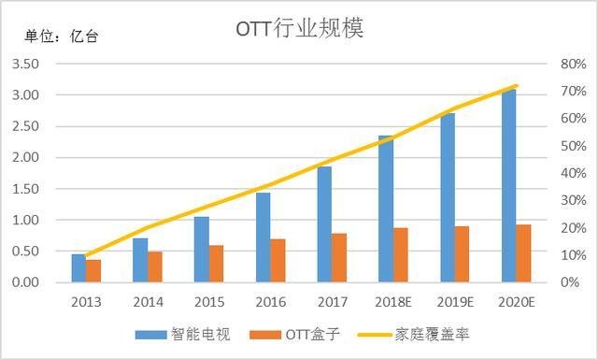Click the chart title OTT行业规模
click(x=299, y=28)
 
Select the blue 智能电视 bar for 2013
click(x=78, y=267)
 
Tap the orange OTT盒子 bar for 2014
click(x=155, y=266)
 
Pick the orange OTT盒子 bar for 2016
click(x=278, y=260)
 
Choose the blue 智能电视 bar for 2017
click(x=324, y=223)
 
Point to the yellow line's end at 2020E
click(x=517, y=86)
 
